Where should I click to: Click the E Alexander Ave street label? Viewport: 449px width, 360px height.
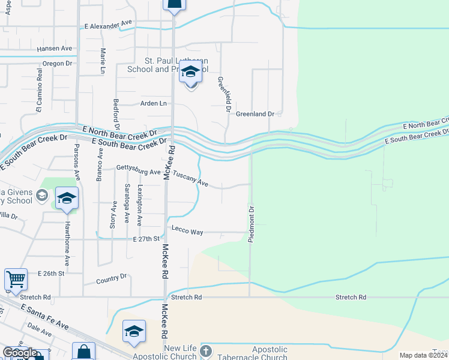click(108, 25)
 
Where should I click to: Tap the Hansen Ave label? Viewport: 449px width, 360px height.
click(54, 49)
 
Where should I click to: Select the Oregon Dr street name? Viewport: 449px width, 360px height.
click(57, 63)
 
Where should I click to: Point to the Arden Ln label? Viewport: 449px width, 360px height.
click(153, 103)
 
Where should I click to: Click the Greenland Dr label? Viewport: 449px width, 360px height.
click(255, 113)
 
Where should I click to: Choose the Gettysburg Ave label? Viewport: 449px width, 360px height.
click(139, 169)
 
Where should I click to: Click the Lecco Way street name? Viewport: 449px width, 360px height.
click(187, 230)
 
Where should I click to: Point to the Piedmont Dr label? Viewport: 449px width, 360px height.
click(252, 224)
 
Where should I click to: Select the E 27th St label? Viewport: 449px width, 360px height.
click(146, 239)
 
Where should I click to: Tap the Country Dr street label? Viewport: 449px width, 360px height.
click(112, 279)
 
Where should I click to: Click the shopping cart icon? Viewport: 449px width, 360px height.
click(16, 278)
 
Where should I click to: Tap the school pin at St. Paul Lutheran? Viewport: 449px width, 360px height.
click(190, 73)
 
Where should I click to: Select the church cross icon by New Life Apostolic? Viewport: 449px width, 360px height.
click(205, 352)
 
